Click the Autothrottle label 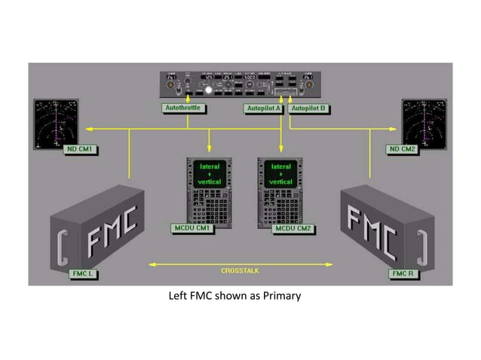tap(186, 108)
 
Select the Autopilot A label tap(262, 108)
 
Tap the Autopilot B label tap(308, 108)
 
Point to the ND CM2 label tap(402, 149)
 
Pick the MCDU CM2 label tap(293, 227)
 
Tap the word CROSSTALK tap(240, 270)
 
